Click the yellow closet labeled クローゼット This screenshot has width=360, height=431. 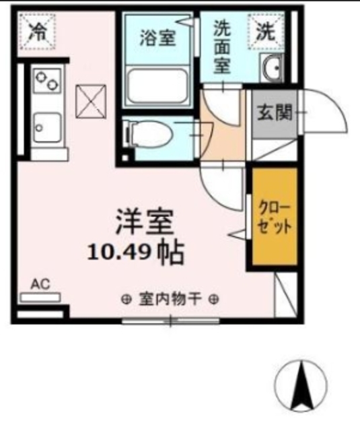click(x=275, y=217)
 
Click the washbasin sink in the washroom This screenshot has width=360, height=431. click(x=273, y=68)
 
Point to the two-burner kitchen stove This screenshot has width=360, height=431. click(x=47, y=84)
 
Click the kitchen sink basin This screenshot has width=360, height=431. click(x=47, y=126)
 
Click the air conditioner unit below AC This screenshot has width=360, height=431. click(x=41, y=296)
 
